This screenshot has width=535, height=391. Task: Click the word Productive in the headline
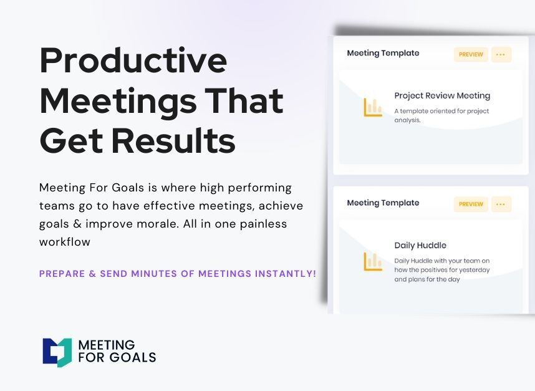(x=133, y=60)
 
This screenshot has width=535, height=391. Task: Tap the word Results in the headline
(x=173, y=140)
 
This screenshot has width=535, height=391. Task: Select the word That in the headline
(x=244, y=100)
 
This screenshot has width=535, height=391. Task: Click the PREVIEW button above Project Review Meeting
(x=471, y=55)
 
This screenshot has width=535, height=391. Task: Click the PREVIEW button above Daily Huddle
(x=471, y=204)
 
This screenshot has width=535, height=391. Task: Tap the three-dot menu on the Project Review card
(x=501, y=55)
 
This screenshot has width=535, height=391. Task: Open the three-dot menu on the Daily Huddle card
(x=501, y=204)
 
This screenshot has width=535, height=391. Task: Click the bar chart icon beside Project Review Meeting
(x=373, y=107)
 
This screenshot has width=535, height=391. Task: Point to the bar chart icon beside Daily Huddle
(x=373, y=262)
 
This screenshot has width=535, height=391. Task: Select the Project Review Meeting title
(x=442, y=96)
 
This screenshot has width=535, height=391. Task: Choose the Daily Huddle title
(x=420, y=245)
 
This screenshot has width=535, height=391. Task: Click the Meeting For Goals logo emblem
(x=57, y=352)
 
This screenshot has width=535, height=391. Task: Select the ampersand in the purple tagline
(x=92, y=274)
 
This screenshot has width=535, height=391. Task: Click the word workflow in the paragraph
(x=65, y=242)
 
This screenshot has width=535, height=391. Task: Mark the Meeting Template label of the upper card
(x=383, y=53)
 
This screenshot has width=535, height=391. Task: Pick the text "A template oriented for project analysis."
(x=441, y=115)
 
